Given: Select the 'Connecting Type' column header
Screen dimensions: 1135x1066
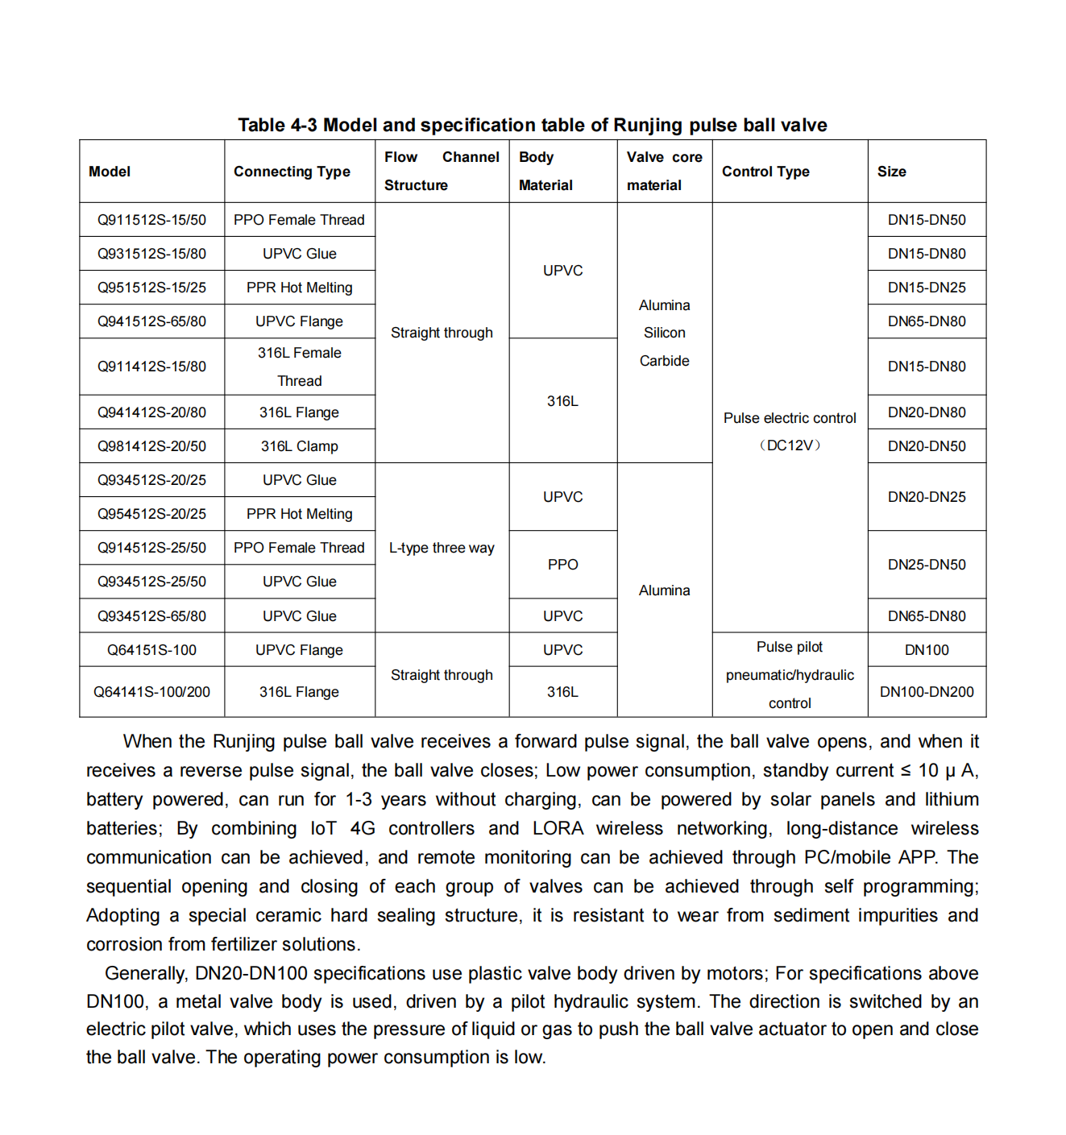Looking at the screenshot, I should pyautogui.click(x=292, y=172).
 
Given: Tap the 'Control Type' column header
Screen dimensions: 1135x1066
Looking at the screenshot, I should pyautogui.click(x=765, y=172).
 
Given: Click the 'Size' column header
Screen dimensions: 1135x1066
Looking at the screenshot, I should pyautogui.click(x=891, y=172).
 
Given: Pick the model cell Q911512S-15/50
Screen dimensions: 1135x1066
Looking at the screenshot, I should pyautogui.click(x=151, y=220).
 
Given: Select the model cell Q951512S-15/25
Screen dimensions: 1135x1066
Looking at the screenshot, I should pyautogui.click(x=151, y=288).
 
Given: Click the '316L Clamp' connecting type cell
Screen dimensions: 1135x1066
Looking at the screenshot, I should pyautogui.click(x=299, y=446).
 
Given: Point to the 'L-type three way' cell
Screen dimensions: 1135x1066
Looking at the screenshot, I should pyautogui.click(x=442, y=548).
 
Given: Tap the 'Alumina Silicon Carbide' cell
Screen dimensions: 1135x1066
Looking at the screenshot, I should pyautogui.click(x=664, y=333).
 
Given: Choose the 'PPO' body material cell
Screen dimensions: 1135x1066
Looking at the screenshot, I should pyautogui.click(x=562, y=565).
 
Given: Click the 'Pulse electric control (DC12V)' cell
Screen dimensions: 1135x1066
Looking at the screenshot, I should pyautogui.click(x=790, y=431).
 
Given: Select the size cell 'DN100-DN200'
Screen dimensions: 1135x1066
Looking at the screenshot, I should pyautogui.click(x=927, y=692).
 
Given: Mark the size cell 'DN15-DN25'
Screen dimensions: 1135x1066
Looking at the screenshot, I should pyautogui.click(x=927, y=288).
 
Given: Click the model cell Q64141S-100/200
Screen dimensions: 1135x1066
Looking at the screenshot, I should pyautogui.click(x=151, y=692).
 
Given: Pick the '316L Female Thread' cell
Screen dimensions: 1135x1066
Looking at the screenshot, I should pyautogui.click(x=299, y=367).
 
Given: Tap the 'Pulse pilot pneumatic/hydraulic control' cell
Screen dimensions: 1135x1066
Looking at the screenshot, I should pyautogui.click(x=790, y=675).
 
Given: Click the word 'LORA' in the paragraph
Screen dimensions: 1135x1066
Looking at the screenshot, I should pyautogui.click(x=558, y=828).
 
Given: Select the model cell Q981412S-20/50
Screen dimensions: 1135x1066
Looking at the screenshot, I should pyautogui.click(x=151, y=446).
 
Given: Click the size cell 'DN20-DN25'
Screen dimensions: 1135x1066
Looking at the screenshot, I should pyautogui.click(x=927, y=497).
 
